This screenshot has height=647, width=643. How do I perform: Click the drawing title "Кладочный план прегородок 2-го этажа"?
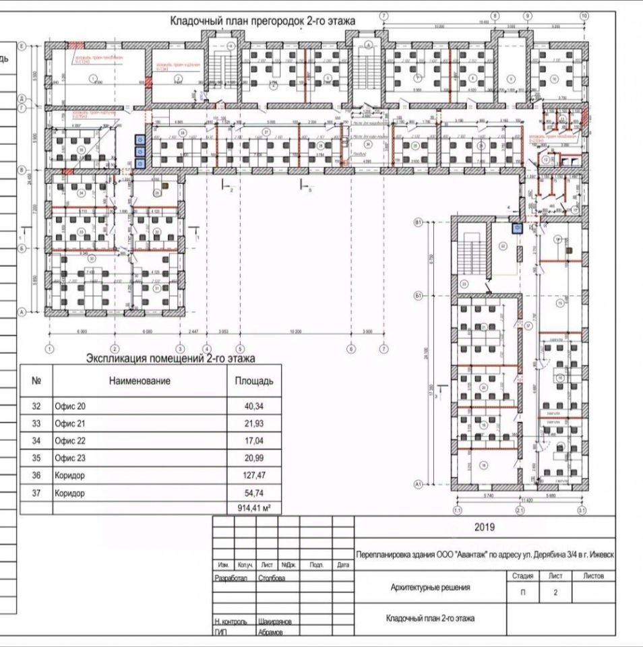[x=264, y=22]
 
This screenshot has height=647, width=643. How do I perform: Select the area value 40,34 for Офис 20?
[x=253, y=406]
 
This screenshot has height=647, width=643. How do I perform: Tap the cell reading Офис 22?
[x=71, y=441]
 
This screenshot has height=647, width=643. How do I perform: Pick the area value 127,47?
[x=253, y=476]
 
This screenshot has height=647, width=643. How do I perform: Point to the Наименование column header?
[x=140, y=381]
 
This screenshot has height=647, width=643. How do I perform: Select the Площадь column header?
[x=253, y=381]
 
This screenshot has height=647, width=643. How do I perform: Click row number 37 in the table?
[x=36, y=493]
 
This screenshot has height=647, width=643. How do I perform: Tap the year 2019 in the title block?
[x=484, y=527]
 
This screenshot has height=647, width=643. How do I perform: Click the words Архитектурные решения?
[x=431, y=588]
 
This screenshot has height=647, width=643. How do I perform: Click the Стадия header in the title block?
[x=523, y=576]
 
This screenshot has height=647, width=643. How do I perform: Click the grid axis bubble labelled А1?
[x=418, y=484]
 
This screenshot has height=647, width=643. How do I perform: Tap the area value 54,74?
[x=253, y=493]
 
